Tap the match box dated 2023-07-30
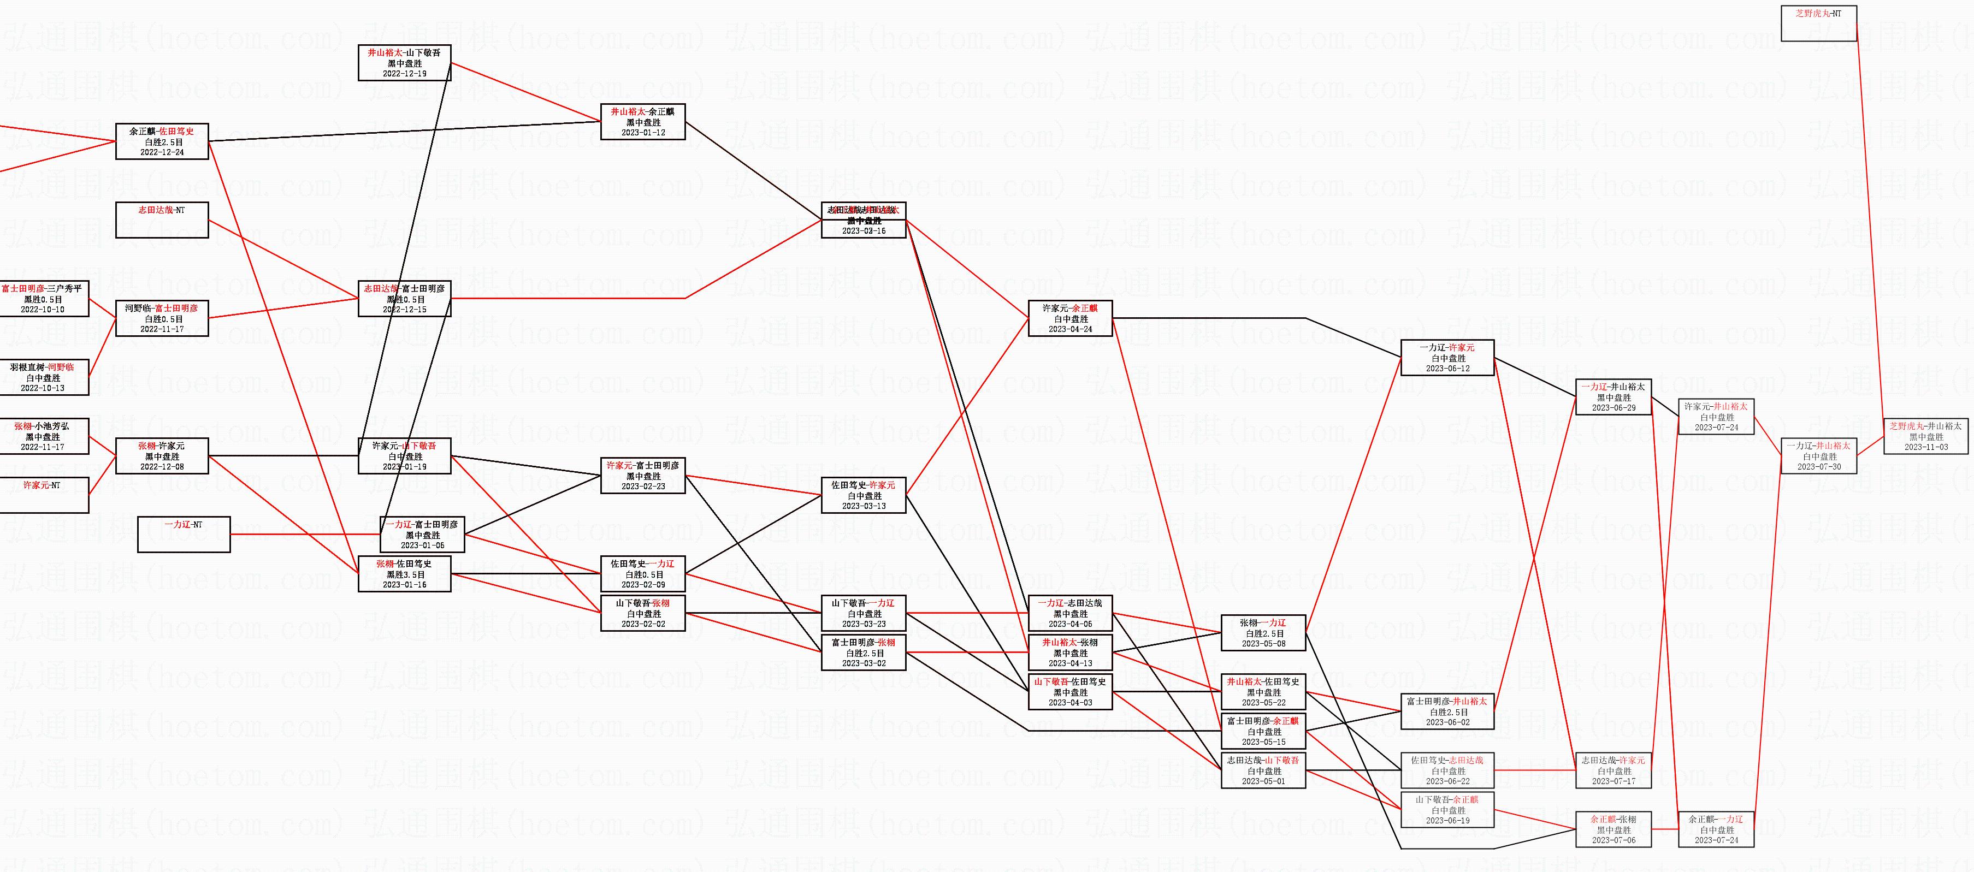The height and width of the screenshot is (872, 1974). [1818, 456]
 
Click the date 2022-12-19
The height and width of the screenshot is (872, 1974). [405, 74]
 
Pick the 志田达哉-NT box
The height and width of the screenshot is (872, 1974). [162, 220]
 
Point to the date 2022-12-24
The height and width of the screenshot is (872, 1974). [162, 152]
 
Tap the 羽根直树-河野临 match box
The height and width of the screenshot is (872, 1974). [43, 378]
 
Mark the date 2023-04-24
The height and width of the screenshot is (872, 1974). [1070, 329]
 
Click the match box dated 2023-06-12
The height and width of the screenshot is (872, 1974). [1447, 358]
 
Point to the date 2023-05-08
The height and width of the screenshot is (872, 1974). [1263, 644]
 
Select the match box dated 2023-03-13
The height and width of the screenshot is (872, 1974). [864, 496]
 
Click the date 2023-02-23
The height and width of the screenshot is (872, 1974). [643, 487]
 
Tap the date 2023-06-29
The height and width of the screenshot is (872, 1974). [1613, 408]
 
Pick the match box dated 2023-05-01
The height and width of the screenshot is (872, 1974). [1263, 771]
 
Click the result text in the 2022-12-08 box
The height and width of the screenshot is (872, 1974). [162, 456]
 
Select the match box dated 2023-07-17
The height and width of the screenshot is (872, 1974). [1613, 771]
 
